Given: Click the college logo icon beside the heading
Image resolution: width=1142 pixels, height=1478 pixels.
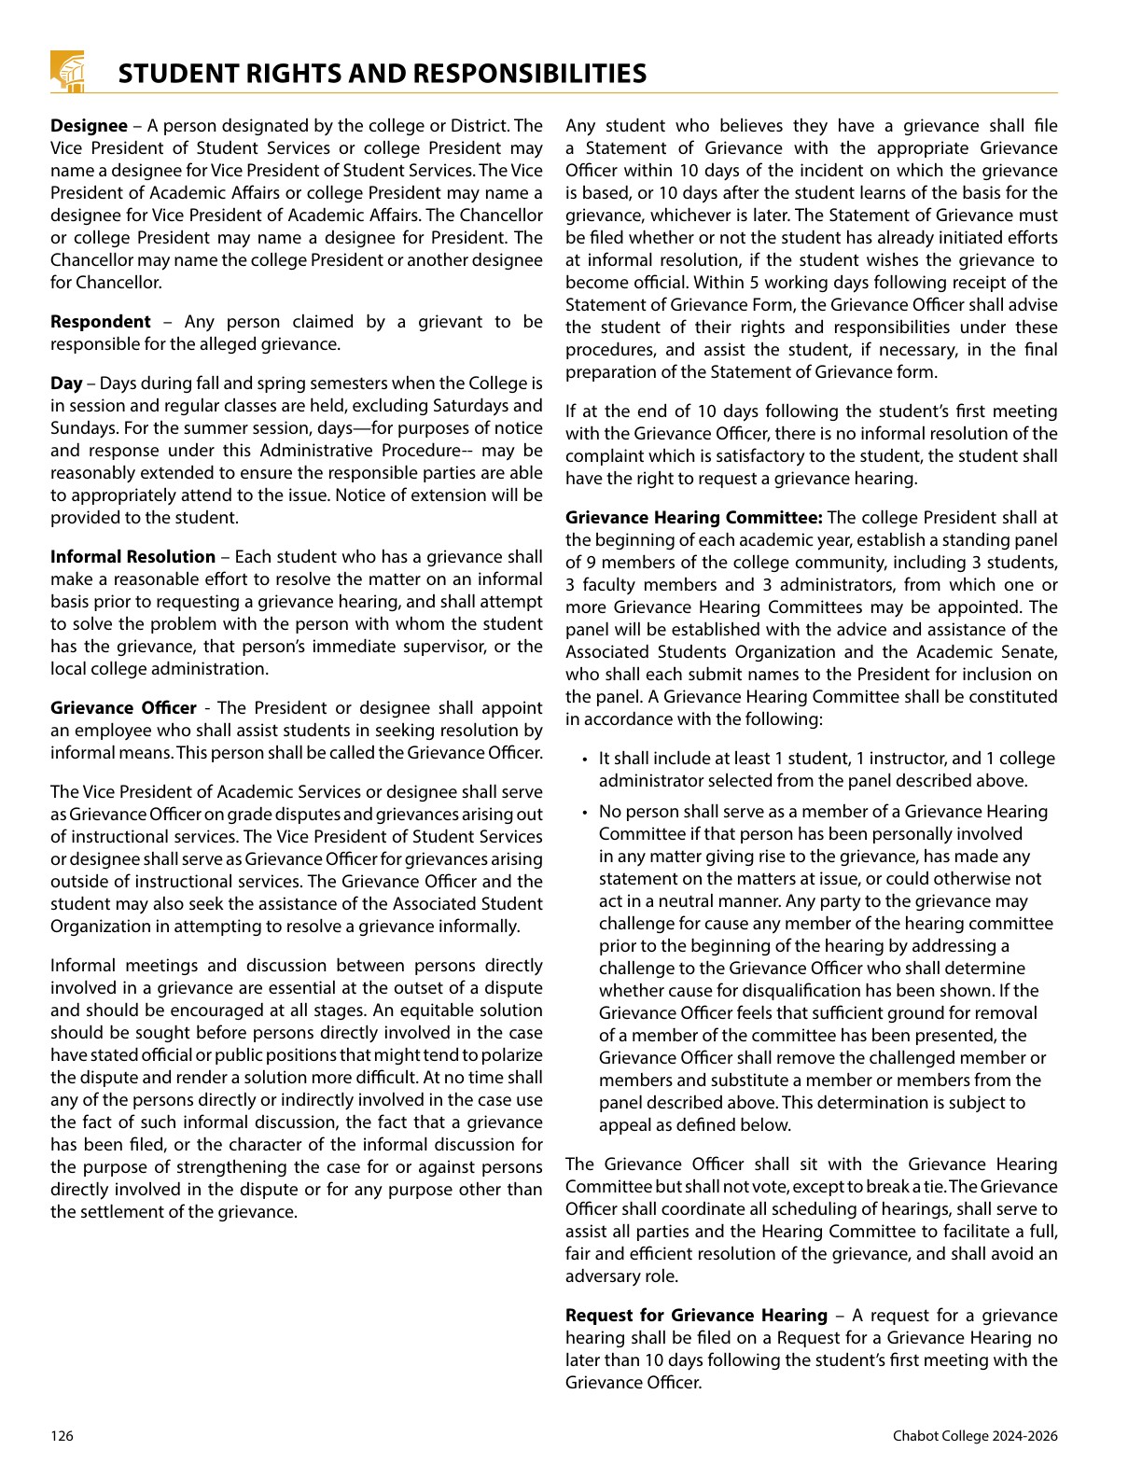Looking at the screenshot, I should [x=68, y=71].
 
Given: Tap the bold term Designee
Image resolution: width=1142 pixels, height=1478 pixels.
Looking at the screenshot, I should [x=89, y=126].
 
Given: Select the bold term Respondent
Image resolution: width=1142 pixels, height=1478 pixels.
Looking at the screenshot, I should [x=100, y=322].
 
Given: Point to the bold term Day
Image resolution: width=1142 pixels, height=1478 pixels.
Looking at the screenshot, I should [x=66, y=383].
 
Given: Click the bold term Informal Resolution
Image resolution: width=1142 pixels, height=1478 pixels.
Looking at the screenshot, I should [x=132, y=557].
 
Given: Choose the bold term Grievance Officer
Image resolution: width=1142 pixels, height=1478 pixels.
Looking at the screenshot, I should [x=123, y=708].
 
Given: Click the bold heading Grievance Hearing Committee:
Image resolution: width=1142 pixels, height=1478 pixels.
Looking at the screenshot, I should [x=693, y=518].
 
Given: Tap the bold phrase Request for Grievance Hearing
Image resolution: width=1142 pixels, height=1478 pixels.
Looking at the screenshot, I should [x=696, y=1316].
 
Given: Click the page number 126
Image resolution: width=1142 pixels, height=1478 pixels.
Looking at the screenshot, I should [x=62, y=1436].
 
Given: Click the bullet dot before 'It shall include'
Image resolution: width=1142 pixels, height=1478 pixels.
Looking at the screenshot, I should [x=584, y=760].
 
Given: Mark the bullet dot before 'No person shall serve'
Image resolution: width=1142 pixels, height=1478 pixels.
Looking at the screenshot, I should [x=584, y=813].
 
